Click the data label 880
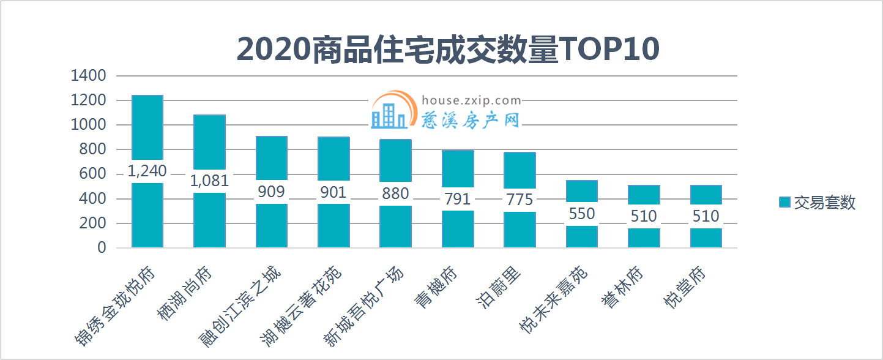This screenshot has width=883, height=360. (x=395, y=193)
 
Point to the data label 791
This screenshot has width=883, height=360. (x=458, y=199)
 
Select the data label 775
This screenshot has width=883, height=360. (x=520, y=200)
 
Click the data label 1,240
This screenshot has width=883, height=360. (x=147, y=171)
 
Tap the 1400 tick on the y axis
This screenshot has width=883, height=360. (x=89, y=76)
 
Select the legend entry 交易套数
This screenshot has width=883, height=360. (x=816, y=203)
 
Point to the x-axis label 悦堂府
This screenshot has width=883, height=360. (x=685, y=288)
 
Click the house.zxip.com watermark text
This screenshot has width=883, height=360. (x=471, y=100)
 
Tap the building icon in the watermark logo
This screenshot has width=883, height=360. (x=389, y=114)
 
